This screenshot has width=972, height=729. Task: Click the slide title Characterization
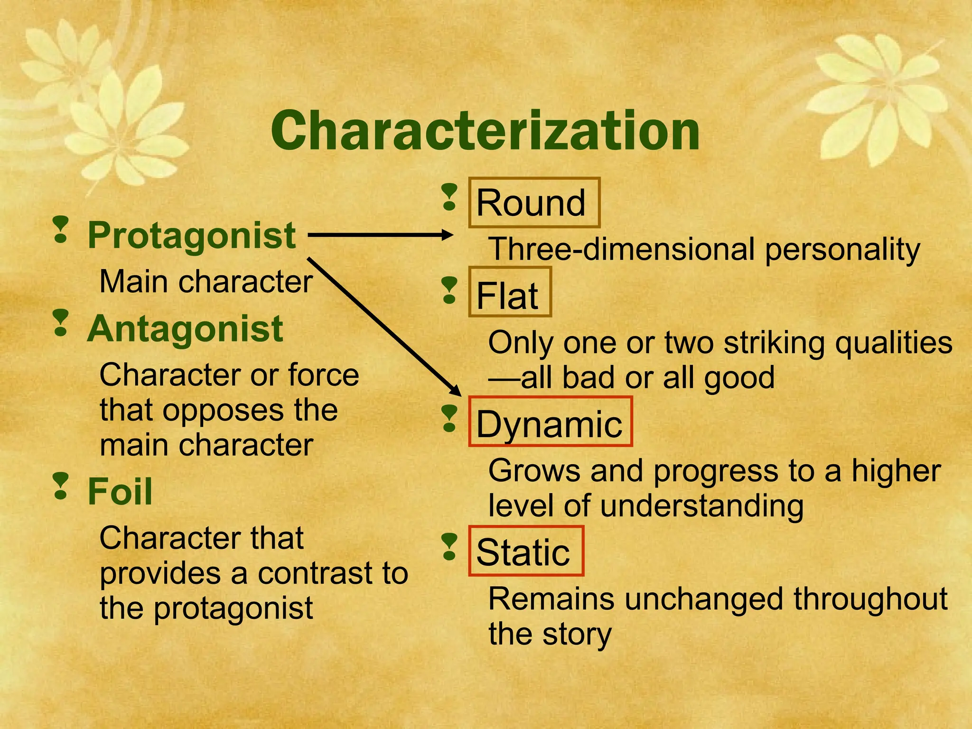(485, 130)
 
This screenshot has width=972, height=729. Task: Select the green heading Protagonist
(192, 235)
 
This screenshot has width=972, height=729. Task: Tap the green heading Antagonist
(185, 329)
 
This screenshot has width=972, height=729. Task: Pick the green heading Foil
(120, 492)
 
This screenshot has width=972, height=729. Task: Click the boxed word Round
(532, 203)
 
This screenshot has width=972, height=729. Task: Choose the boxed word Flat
(507, 296)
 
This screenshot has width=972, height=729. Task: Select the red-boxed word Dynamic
(549, 424)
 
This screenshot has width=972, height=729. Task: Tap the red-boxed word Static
(523, 552)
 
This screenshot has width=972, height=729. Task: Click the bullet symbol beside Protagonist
(61, 230)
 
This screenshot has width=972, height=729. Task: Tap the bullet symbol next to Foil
(61, 486)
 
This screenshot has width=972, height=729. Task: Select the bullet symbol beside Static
(449, 547)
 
